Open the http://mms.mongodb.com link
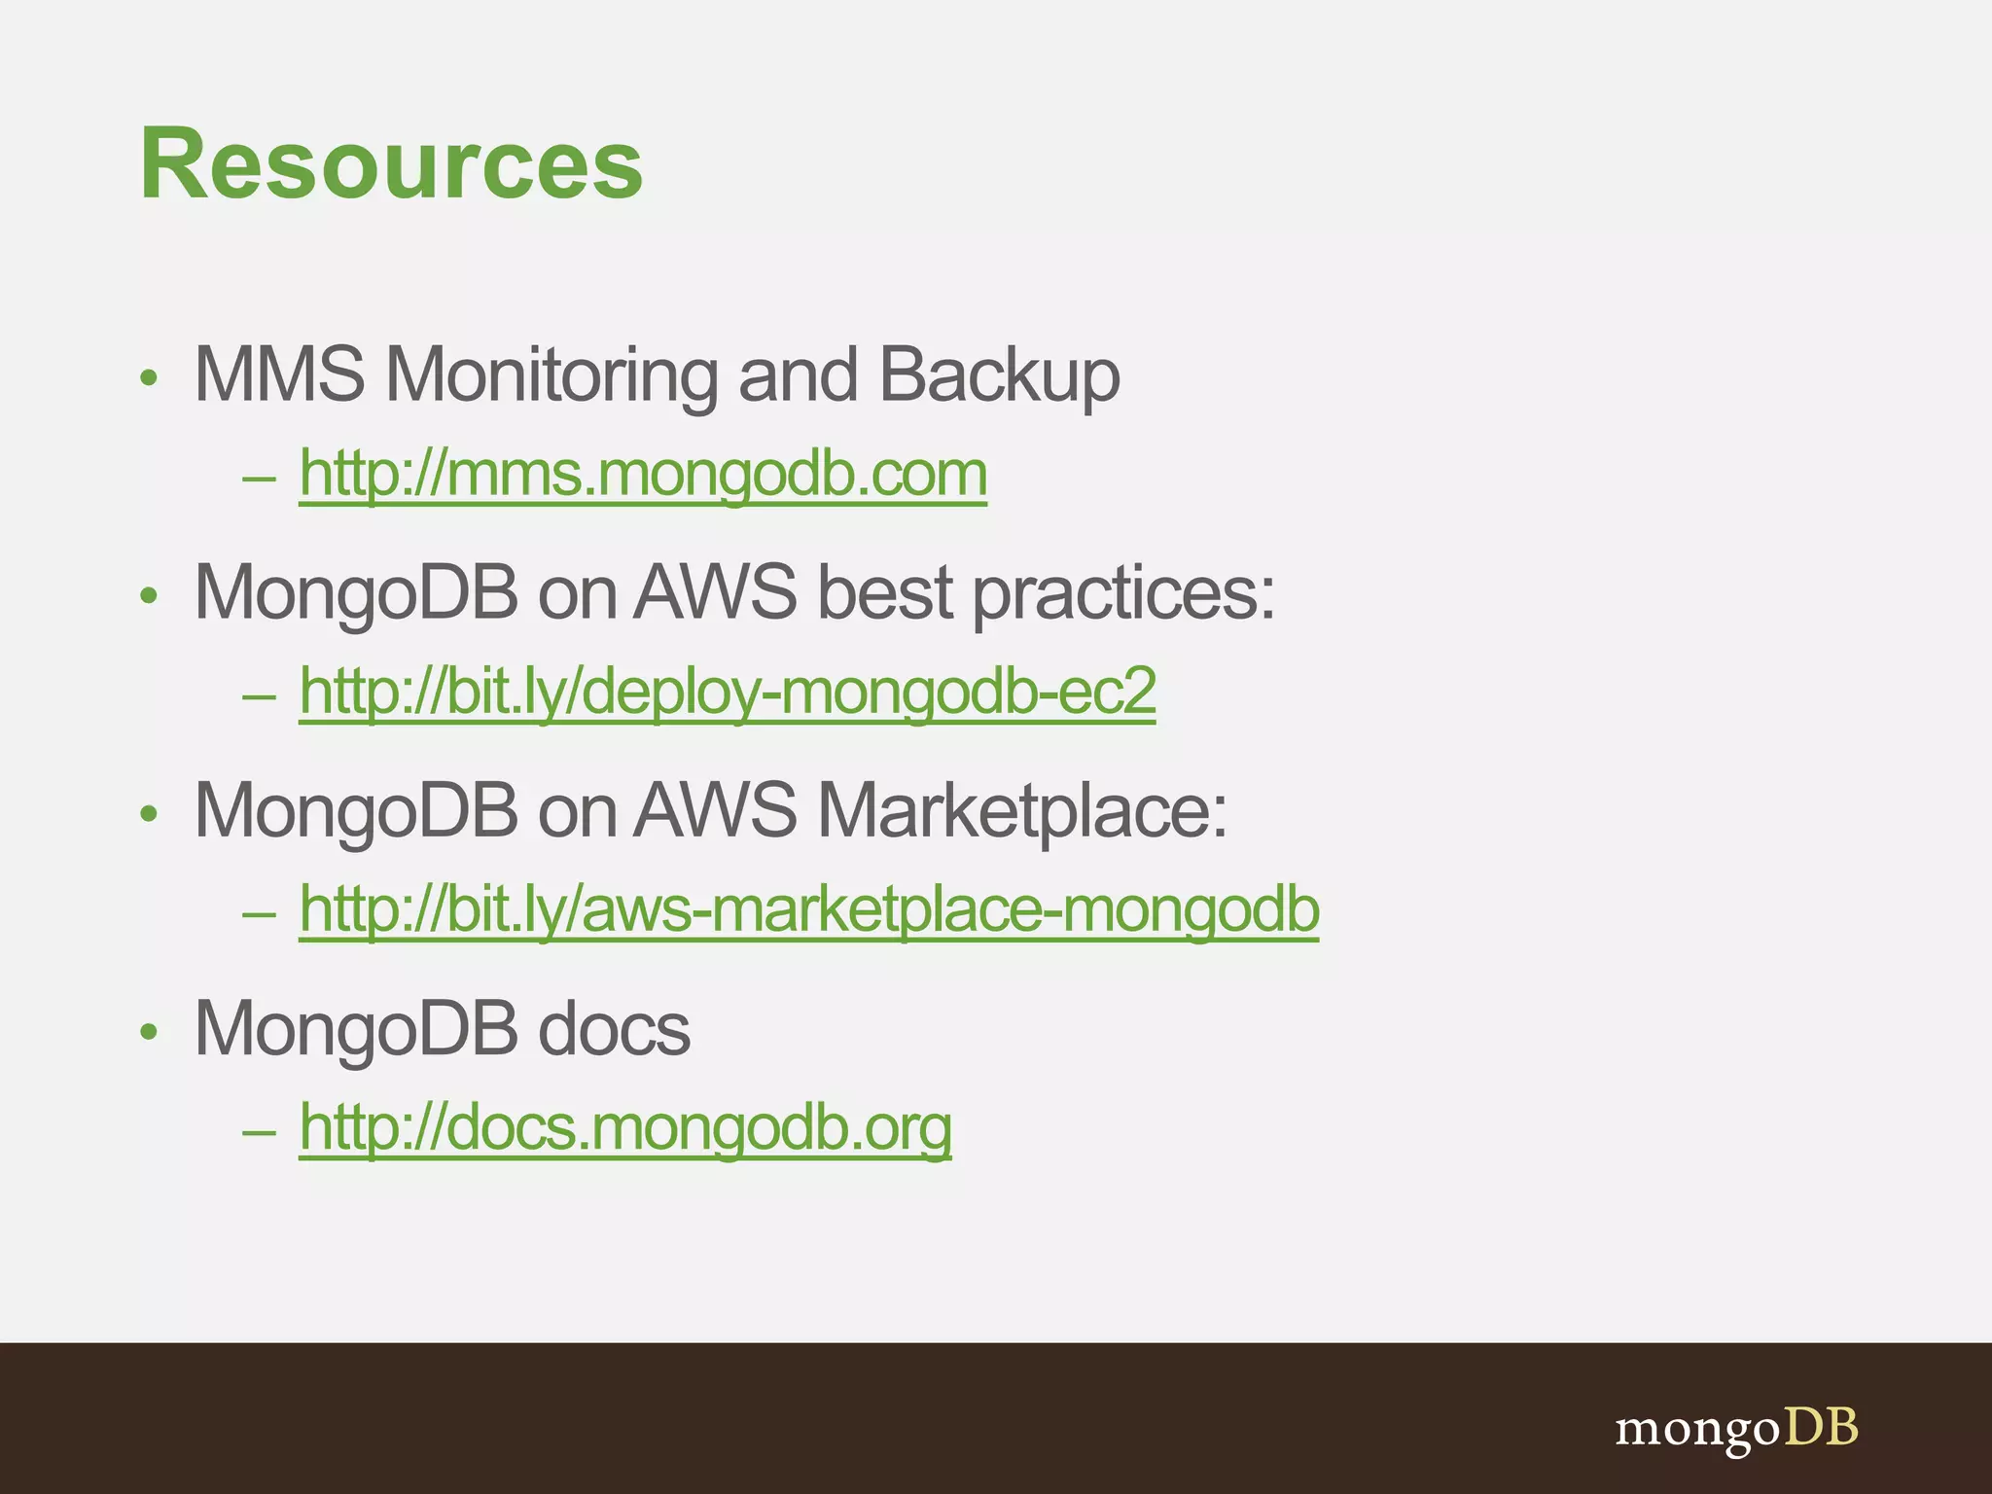(x=643, y=474)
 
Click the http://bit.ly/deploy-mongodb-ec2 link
(x=728, y=692)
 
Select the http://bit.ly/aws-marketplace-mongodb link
(x=809, y=909)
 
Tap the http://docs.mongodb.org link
(x=625, y=1127)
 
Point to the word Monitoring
(x=552, y=374)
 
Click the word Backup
(x=999, y=376)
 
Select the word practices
(x=1123, y=593)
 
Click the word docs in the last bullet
(x=614, y=1028)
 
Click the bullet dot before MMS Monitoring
(x=149, y=377)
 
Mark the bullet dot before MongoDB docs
(x=149, y=1032)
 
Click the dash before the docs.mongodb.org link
(x=260, y=1132)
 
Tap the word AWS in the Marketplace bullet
(x=715, y=810)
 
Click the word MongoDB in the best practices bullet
(x=356, y=593)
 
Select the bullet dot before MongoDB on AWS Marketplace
(x=149, y=814)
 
